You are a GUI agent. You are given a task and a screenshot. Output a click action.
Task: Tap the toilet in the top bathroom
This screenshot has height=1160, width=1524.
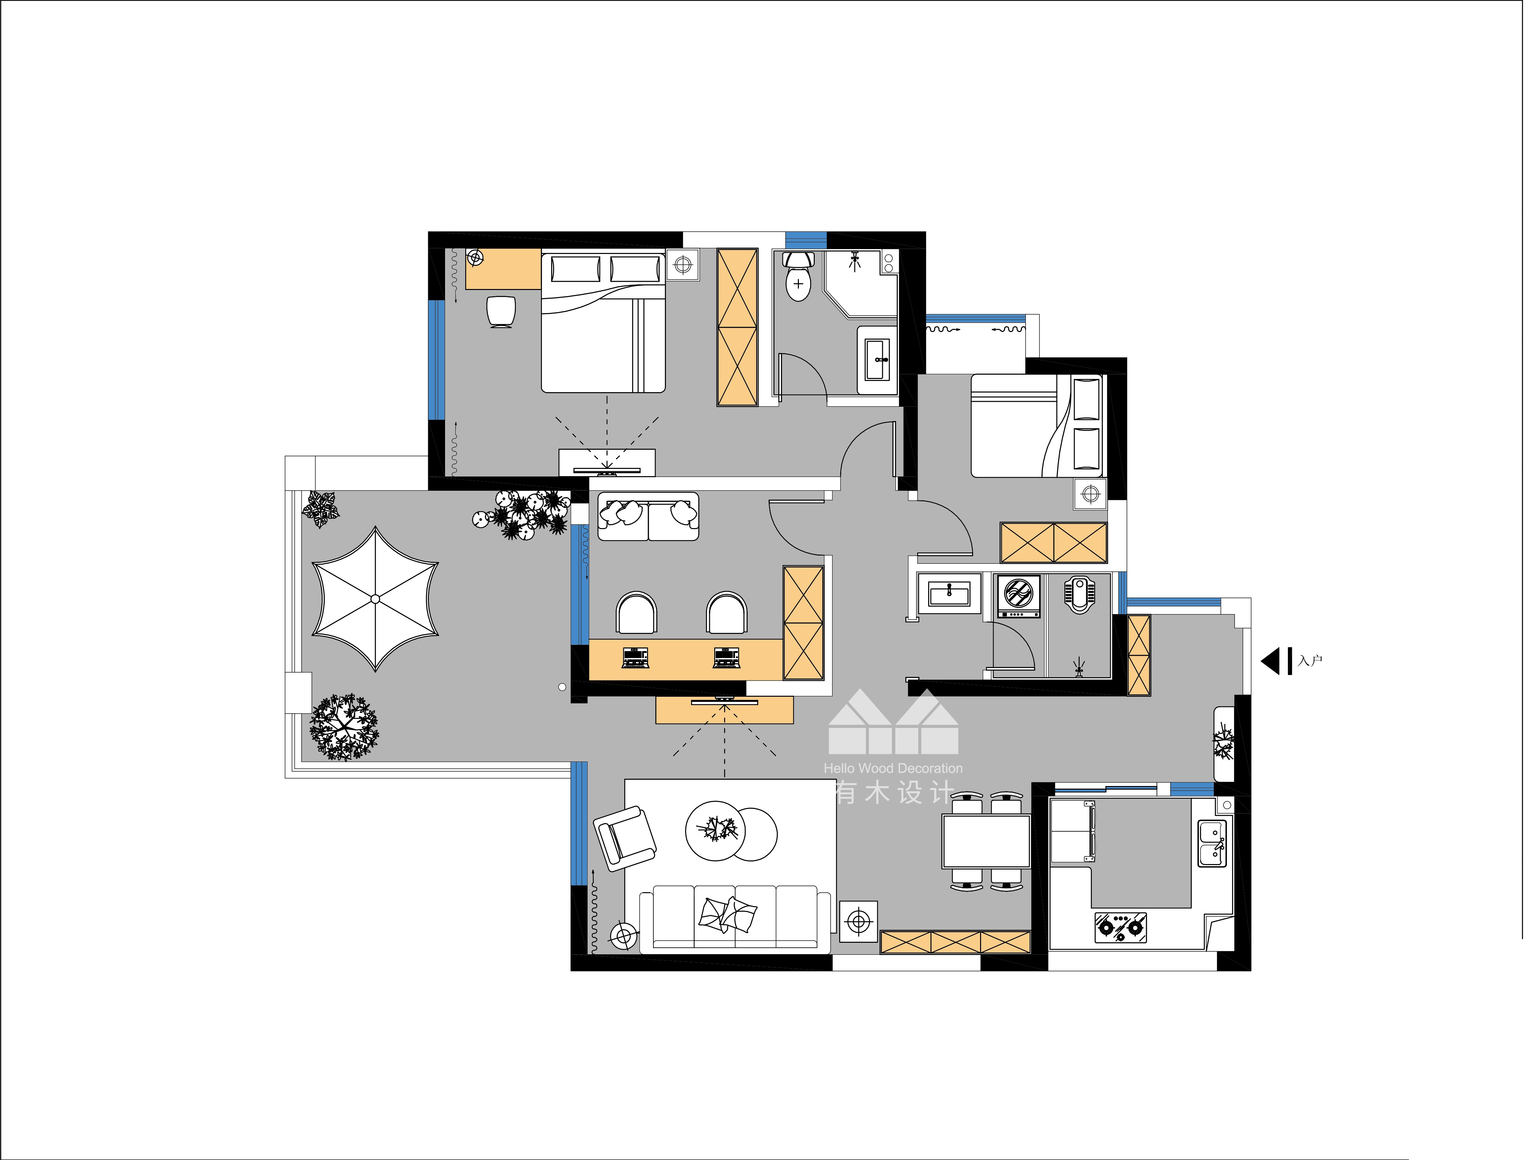tap(798, 276)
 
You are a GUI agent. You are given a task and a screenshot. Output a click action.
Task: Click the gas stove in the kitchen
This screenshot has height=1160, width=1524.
tap(1121, 927)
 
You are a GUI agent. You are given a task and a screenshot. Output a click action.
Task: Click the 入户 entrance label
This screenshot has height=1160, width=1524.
tap(1310, 661)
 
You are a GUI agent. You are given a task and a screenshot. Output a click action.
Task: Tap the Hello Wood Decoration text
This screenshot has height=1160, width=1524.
tap(893, 768)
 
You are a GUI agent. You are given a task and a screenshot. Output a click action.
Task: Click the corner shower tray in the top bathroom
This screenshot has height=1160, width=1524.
tap(860, 283)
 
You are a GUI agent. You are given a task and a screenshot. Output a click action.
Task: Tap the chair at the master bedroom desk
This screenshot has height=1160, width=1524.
tap(501, 312)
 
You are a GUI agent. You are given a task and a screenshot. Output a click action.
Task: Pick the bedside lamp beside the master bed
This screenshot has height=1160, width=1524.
tap(683, 265)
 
